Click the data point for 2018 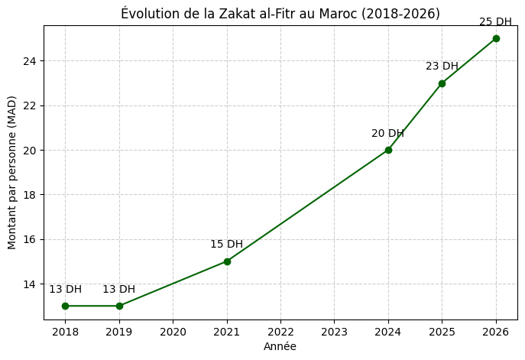pos(65,306)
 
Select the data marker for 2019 pos(119,306)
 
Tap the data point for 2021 pos(227,261)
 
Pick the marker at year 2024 pos(388,150)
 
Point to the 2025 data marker pos(442,83)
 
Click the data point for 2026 pos(496,38)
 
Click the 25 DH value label pos(495,22)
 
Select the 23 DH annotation pos(442,66)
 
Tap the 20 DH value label pos(387,134)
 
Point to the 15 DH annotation pos(226,245)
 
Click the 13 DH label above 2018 pos(65,290)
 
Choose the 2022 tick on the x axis pos(280,332)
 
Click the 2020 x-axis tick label pos(173,332)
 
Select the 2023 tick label pos(334,332)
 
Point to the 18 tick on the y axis pos(29,195)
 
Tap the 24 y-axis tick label pos(29,61)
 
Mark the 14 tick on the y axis pos(29,284)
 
